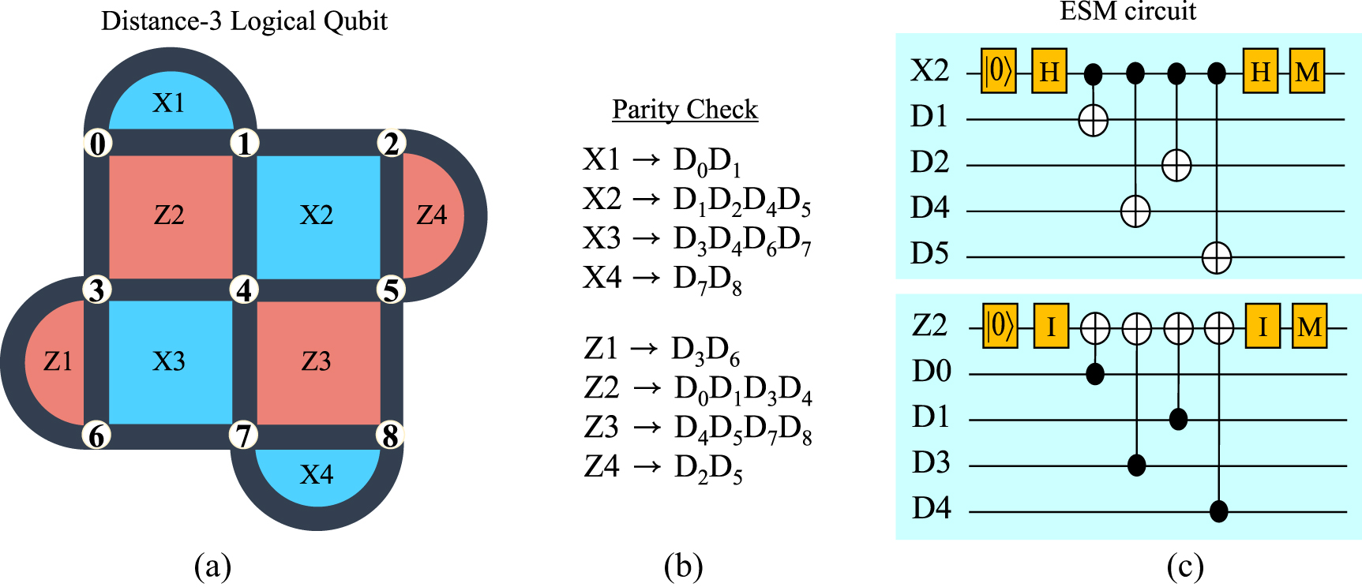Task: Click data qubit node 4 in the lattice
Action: click(x=244, y=290)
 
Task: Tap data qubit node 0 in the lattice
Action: click(x=98, y=144)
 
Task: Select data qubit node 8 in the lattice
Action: click(x=390, y=436)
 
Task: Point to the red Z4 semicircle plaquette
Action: click(x=433, y=215)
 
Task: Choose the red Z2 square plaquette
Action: click(x=170, y=215)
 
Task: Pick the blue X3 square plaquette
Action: click(x=170, y=361)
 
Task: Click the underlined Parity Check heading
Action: click(x=685, y=109)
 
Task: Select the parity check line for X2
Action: click(x=696, y=200)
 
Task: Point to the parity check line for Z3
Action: click(x=698, y=428)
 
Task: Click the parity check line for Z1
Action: click(x=662, y=350)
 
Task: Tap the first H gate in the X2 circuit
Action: click(x=1049, y=72)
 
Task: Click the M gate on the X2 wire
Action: click(x=1307, y=72)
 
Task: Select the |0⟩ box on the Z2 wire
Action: click(x=1000, y=325)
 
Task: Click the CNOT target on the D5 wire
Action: click(x=1217, y=257)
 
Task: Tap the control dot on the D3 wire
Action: click(x=1136, y=465)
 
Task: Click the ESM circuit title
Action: click(x=1127, y=11)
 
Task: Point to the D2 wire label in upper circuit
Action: click(x=929, y=162)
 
